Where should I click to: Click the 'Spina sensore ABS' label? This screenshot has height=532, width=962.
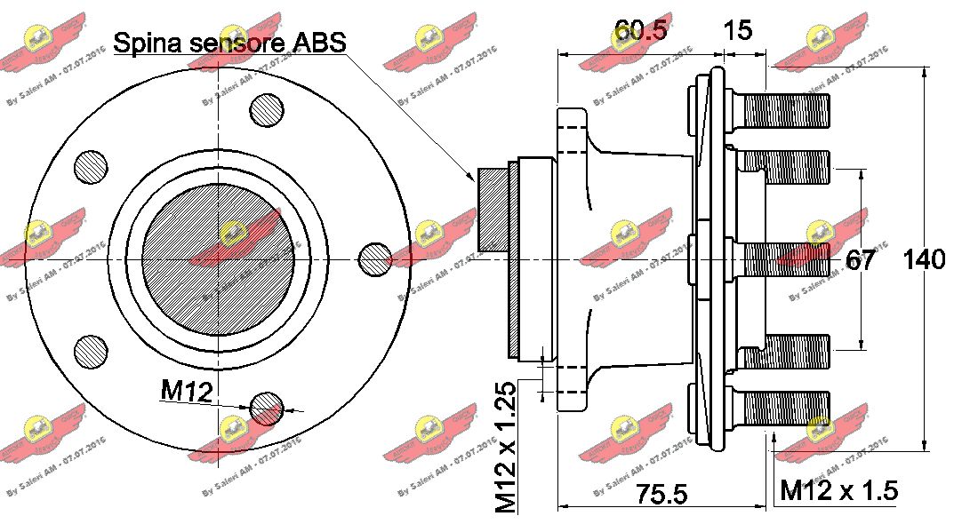pos(230,42)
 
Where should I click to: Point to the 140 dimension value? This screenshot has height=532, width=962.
pos(925,260)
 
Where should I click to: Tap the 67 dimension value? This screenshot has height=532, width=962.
pos(860,260)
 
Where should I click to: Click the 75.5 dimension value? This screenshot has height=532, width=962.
pos(662,494)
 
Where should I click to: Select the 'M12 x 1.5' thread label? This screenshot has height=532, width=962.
pos(838,489)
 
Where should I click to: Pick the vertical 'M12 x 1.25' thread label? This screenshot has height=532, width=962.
pos(506,449)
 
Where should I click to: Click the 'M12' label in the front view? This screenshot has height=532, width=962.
pos(186,391)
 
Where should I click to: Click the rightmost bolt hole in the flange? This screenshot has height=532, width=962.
pos(374,258)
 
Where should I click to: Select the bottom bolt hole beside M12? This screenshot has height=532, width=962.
pos(268,408)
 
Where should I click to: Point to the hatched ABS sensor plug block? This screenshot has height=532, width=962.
pos(492,209)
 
